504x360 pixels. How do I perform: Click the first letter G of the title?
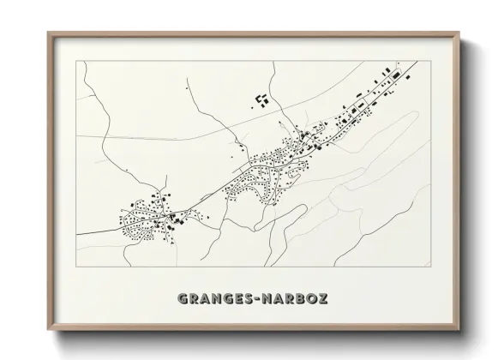click(183, 299)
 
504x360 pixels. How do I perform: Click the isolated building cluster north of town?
click(262, 100)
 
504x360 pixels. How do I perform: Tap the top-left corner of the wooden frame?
click(47, 33)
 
